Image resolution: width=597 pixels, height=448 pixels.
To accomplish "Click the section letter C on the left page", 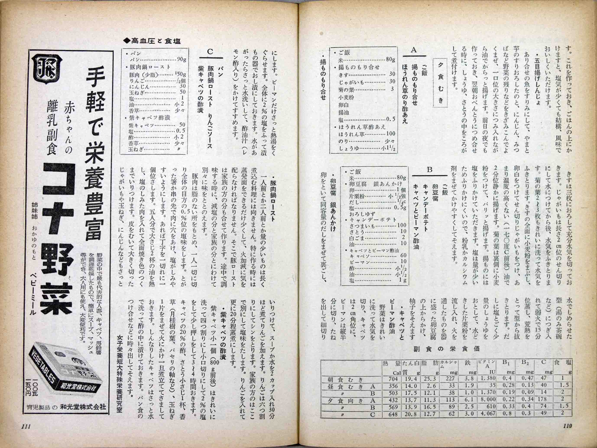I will tap(211, 52).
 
